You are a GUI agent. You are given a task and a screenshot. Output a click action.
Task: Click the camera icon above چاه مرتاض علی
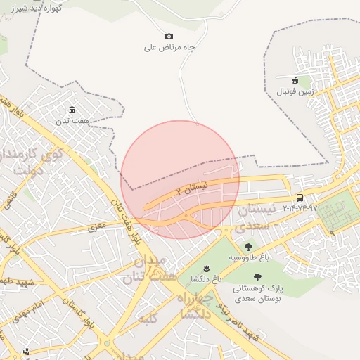click(x=169, y=37)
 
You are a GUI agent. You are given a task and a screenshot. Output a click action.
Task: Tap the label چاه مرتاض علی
click(x=169, y=48)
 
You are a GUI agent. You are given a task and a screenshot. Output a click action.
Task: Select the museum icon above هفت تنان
click(x=72, y=110)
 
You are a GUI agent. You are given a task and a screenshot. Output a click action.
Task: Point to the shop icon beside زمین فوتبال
click(x=295, y=80)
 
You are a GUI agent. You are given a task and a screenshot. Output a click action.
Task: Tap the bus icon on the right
click(x=300, y=198)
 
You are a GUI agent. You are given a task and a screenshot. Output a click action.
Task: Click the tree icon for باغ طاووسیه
click(x=247, y=247)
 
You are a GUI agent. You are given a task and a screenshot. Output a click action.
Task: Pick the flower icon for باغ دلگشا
click(x=206, y=269)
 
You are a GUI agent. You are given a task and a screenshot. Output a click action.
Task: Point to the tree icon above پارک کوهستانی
click(x=257, y=277)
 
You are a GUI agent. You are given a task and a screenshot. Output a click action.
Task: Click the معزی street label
click(x=96, y=227)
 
